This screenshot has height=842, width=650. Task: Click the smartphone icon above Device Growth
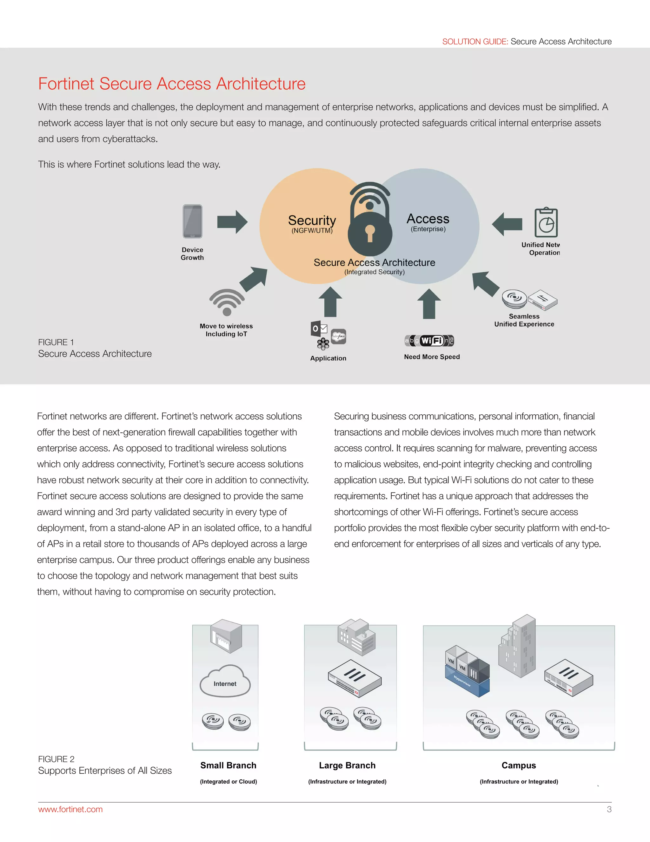[x=192, y=221]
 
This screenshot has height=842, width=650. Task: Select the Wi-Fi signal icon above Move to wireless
[x=227, y=302]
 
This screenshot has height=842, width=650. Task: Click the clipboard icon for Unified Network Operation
[x=546, y=223]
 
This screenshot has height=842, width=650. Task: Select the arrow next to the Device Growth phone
[x=232, y=222]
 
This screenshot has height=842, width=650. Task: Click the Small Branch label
[x=228, y=765]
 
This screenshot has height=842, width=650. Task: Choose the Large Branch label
[x=347, y=765]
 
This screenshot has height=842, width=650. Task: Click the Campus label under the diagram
[x=519, y=765]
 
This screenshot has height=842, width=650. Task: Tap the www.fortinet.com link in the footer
[x=70, y=809]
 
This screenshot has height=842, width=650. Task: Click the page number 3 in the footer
[x=609, y=809]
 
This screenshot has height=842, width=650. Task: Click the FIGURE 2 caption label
[x=56, y=759]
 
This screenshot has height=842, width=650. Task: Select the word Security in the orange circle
[x=312, y=221]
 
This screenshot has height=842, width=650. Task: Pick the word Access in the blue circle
[x=428, y=219]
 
